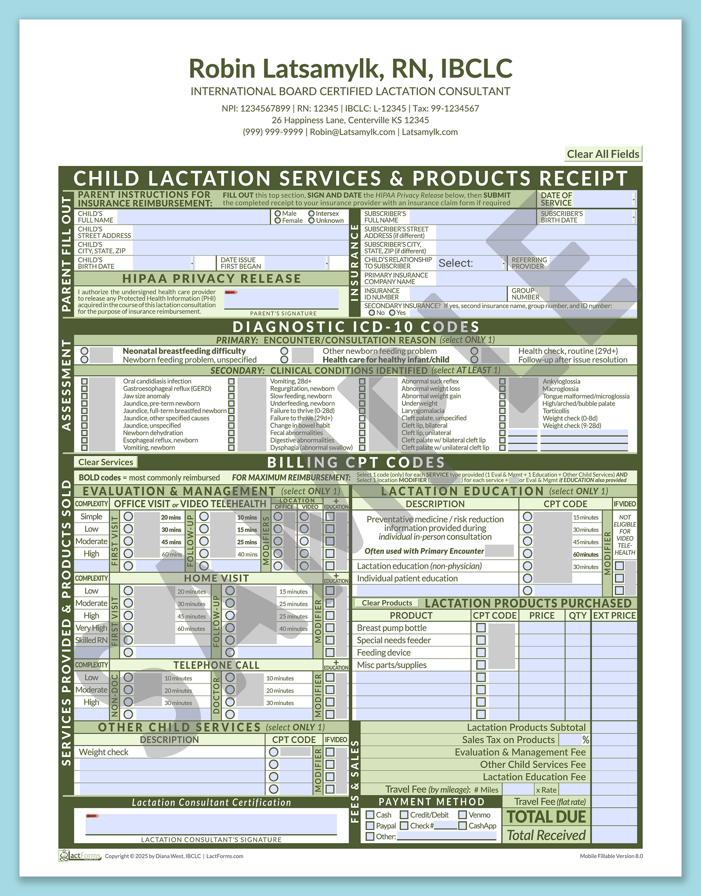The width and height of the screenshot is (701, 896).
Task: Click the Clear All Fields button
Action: [603, 154]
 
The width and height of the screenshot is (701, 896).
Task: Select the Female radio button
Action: [278, 220]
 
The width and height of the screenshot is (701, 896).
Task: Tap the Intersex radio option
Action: [311, 214]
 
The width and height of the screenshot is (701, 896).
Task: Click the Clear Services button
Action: [105, 462]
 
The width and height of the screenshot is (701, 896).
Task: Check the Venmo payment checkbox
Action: [463, 815]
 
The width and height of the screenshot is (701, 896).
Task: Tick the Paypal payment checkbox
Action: [370, 826]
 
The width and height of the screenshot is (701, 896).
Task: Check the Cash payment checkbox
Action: [370, 815]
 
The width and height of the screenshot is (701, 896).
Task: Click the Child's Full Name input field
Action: [193, 217]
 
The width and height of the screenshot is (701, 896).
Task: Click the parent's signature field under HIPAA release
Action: [281, 299]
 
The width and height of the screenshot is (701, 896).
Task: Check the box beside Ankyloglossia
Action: [502, 382]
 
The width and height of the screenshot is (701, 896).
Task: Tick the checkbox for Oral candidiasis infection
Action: [84, 382]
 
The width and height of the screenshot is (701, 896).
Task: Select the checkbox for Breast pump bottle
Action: [481, 628]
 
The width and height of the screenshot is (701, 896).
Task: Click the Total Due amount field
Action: [614, 816]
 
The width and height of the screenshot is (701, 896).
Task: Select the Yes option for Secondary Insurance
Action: [392, 313]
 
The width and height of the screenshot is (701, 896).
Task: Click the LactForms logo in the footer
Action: [80, 856]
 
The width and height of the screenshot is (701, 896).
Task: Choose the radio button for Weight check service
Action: [274, 752]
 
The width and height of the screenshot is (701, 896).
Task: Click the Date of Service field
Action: [603, 199]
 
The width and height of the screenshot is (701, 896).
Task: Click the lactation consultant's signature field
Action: [211, 824]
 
